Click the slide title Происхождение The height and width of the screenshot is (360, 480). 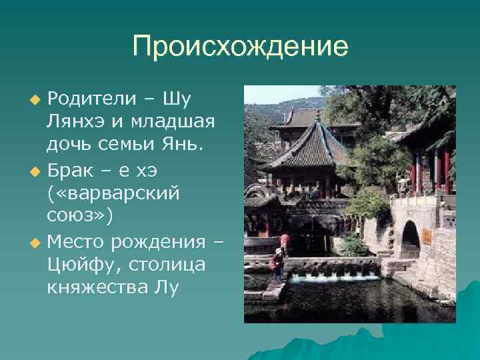[240, 47]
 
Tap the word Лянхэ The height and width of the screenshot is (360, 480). [73, 122]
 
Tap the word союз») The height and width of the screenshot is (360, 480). [74, 216]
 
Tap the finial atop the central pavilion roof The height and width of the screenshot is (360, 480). [318, 115]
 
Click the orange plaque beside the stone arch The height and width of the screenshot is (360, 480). [427, 236]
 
